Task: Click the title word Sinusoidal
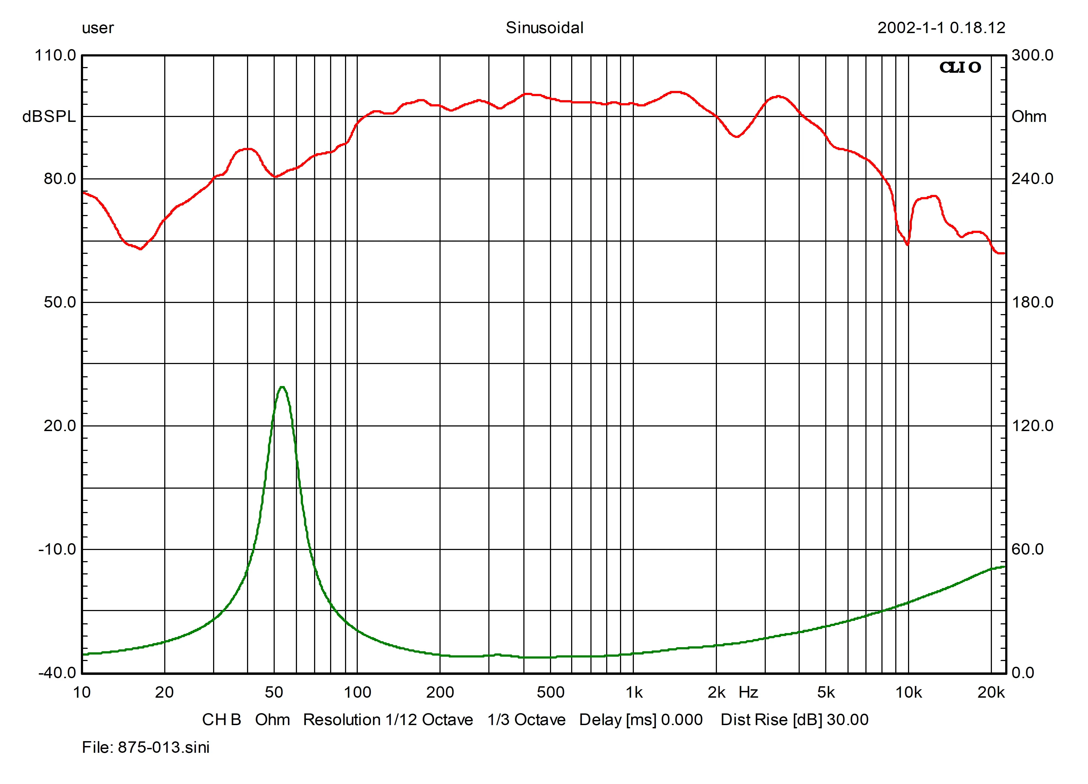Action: click(x=545, y=28)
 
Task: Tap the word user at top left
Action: click(x=98, y=28)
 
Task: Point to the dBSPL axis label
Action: click(x=49, y=116)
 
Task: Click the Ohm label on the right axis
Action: click(x=1029, y=116)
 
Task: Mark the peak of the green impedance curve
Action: click(x=282, y=387)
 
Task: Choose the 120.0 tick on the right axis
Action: click(x=1032, y=426)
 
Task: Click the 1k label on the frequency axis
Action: click(x=634, y=692)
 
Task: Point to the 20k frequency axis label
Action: click(x=991, y=692)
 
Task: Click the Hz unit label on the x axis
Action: click(x=748, y=692)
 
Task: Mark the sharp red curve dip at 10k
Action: click(x=907, y=244)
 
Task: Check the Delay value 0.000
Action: click(x=682, y=720)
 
